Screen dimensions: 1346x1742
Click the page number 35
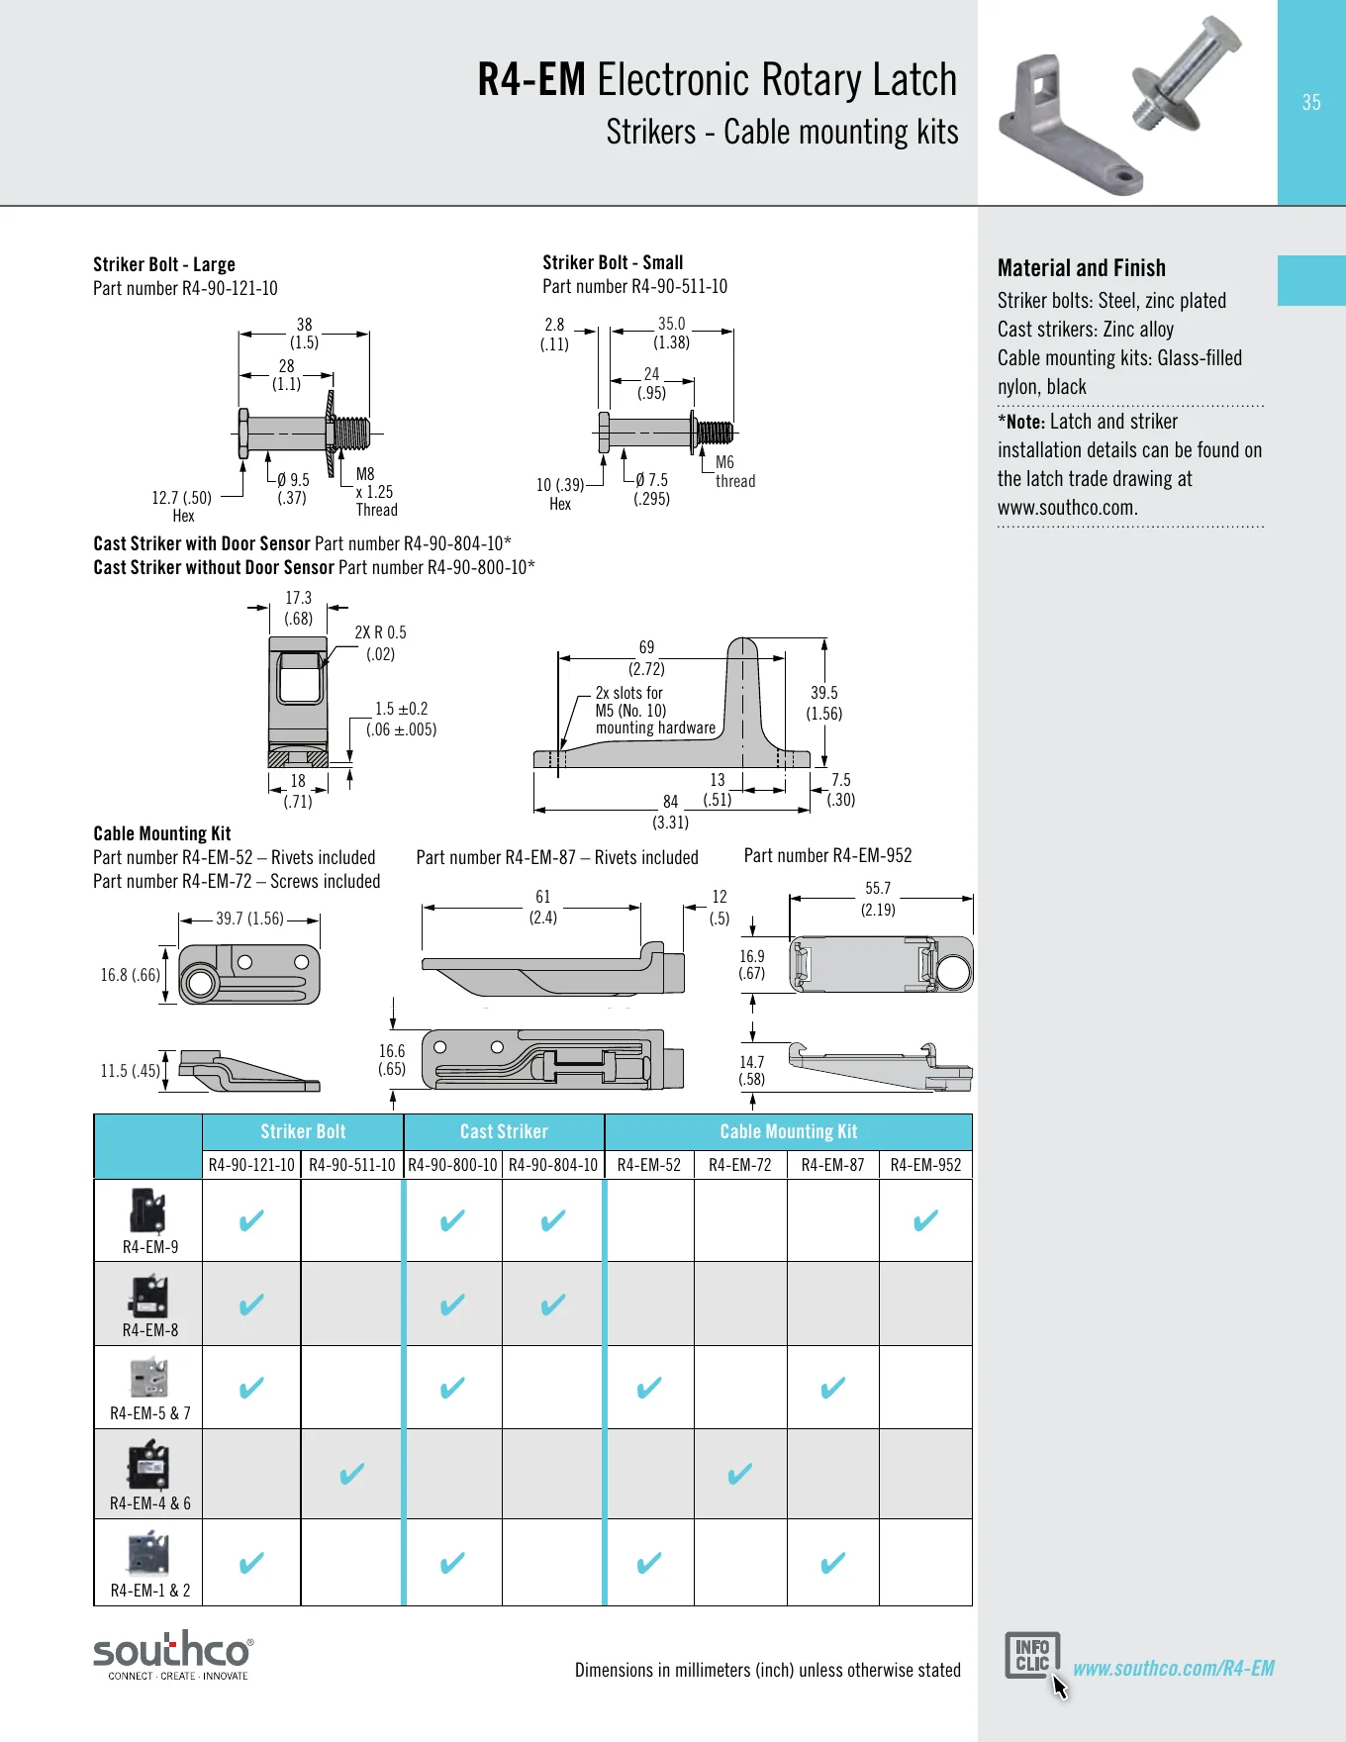pyautogui.click(x=1311, y=102)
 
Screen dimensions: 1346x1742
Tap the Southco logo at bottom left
pyautogui.click(x=173, y=1655)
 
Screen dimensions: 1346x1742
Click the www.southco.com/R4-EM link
pyautogui.click(x=1174, y=1668)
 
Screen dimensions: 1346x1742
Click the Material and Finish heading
pyautogui.click(x=1082, y=268)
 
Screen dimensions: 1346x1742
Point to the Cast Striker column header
pyautogui.click(x=504, y=1131)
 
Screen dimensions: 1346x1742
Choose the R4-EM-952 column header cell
pyautogui.click(x=925, y=1165)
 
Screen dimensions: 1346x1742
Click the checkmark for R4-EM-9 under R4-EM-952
pyautogui.click(x=925, y=1220)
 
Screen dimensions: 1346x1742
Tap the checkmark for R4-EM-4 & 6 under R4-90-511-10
pyautogui.click(x=351, y=1474)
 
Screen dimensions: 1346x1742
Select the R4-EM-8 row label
pyautogui.click(x=150, y=1330)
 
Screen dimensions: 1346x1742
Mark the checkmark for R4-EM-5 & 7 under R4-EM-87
pyautogui.click(x=833, y=1388)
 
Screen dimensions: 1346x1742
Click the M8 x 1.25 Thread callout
pyautogui.click(x=376, y=492)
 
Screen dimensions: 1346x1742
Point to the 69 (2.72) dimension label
pyautogui.click(x=646, y=657)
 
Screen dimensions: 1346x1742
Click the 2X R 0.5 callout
pyautogui.click(x=380, y=642)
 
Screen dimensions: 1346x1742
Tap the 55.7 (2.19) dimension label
pyautogui.click(x=878, y=899)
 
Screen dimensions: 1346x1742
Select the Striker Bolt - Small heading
pyautogui.click(x=613, y=262)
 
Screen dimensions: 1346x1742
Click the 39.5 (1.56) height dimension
pyautogui.click(x=824, y=703)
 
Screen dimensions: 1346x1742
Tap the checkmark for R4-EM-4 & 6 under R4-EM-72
pyautogui.click(x=739, y=1474)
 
